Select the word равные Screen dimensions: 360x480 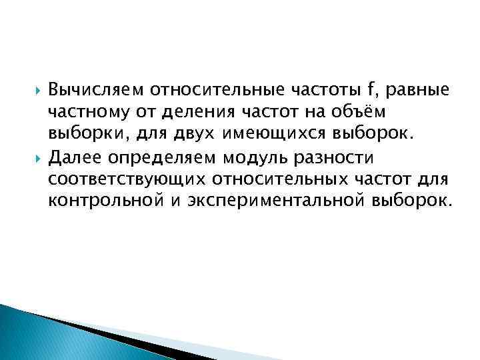tap(417, 89)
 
